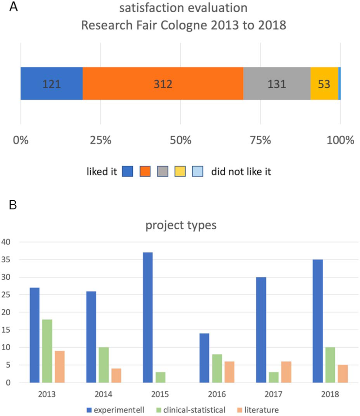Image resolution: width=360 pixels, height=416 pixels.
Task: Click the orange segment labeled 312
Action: click(x=163, y=84)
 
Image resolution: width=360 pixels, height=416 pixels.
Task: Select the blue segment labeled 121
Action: click(x=51, y=84)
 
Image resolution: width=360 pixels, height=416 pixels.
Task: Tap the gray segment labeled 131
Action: click(x=277, y=84)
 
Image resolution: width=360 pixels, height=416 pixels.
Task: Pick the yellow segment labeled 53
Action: click(x=324, y=84)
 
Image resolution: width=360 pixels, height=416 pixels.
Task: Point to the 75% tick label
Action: click(x=260, y=141)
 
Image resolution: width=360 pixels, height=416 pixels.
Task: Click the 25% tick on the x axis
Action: click(x=101, y=141)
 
